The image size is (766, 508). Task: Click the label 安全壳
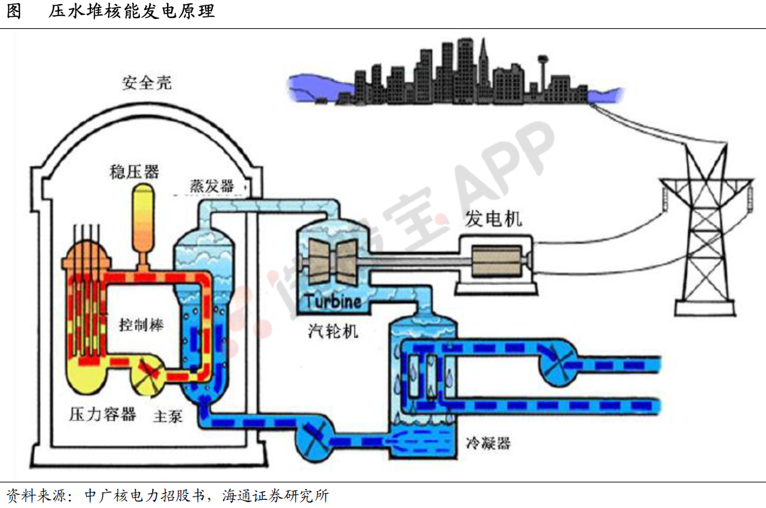(x=147, y=83)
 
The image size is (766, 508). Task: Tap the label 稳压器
(x=134, y=172)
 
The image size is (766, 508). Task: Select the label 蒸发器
(x=212, y=186)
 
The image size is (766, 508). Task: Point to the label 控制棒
(x=141, y=325)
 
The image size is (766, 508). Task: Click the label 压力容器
(x=102, y=414)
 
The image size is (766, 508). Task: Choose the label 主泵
(x=168, y=416)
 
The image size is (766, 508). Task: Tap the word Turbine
(x=333, y=301)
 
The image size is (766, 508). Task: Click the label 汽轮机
(x=333, y=331)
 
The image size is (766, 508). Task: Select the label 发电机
(x=493, y=219)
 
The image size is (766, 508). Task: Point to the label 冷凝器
(x=488, y=443)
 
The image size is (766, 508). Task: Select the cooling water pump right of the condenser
(x=557, y=362)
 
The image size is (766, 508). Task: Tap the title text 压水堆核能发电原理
(x=131, y=11)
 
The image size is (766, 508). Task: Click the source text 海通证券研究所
(x=276, y=496)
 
